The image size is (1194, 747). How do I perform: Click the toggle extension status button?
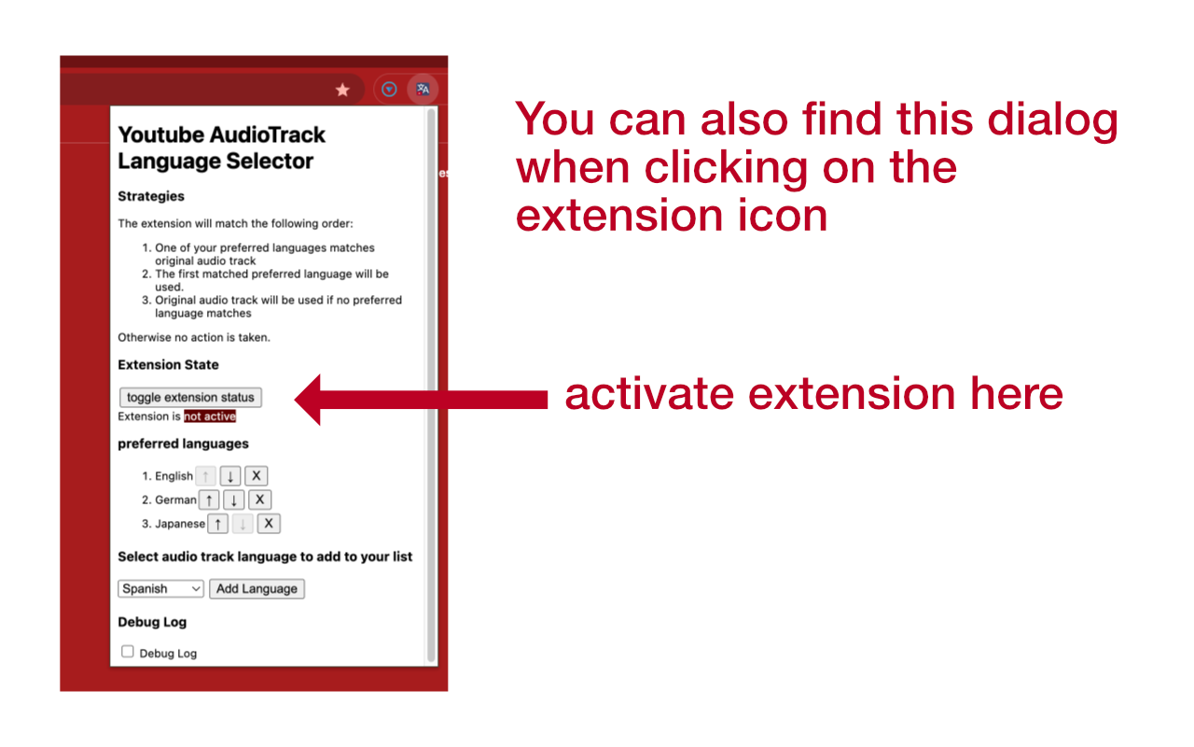point(190,398)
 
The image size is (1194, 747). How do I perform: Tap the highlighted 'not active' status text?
point(210,416)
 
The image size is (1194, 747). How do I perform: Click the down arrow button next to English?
point(230,476)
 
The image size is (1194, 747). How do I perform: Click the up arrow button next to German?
point(210,500)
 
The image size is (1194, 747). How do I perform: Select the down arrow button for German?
point(234,500)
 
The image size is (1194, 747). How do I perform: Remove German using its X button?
point(260,500)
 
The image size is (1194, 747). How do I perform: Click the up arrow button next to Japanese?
point(217,524)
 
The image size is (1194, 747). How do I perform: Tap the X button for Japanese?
point(269,524)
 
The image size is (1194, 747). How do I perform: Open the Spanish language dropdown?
point(160,589)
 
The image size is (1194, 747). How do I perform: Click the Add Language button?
point(257,589)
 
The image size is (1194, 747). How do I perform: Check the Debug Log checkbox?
point(128,652)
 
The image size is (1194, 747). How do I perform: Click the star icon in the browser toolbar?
point(342,90)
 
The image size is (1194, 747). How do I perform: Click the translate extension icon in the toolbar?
point(423,90)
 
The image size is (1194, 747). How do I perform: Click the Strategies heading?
point(151,196)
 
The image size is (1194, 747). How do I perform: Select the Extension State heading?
point(168,365)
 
